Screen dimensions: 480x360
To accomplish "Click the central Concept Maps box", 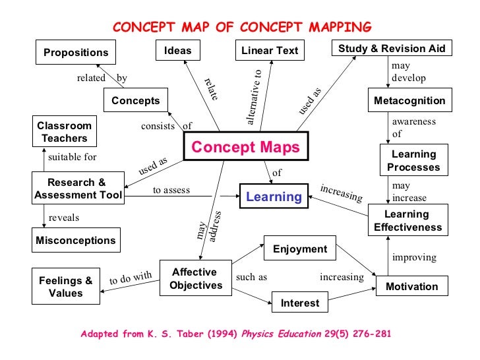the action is point(245,147).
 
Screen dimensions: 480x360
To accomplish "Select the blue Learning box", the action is point(273,196).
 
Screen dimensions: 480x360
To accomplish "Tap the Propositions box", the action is point(76,52).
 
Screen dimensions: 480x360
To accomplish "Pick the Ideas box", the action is point(177,50).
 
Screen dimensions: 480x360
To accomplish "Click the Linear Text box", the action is point(270,50).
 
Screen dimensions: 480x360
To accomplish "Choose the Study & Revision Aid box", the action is point(392,48).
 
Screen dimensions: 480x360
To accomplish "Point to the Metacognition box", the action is point(409,101).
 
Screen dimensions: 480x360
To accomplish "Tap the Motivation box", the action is point(411,286).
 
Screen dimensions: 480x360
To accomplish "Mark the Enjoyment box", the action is point(300,249).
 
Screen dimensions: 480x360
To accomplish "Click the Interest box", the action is point(300,303).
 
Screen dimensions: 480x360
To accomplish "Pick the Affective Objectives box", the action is point(194,279).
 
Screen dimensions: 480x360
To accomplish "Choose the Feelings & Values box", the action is point(65,287).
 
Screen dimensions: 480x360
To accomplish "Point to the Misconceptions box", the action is point(76,241).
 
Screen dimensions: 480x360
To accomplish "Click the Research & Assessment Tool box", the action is point(78,189).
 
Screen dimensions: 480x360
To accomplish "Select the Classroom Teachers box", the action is point(65,132).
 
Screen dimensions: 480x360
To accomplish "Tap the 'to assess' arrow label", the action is point(171,191).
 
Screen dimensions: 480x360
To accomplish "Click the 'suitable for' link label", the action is point(73,158).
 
